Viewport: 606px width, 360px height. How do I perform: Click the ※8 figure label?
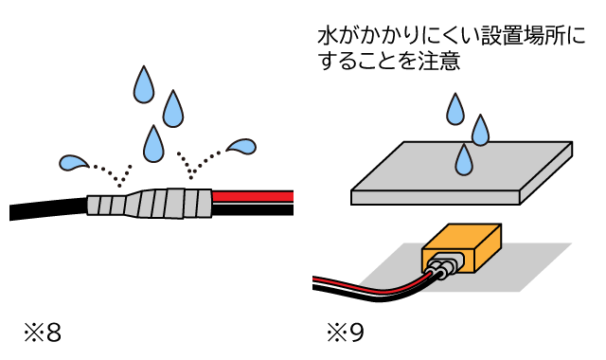click(43, 333)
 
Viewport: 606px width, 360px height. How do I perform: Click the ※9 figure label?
click(345, 333)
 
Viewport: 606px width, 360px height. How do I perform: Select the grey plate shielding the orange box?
click(462, 172)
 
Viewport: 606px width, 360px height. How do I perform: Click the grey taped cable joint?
click(150, 203)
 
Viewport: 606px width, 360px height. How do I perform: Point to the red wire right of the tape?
click(253, 196)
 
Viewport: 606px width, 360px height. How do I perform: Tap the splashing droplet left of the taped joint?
click(74, 163)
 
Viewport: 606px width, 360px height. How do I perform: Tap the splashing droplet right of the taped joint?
click(241, 147)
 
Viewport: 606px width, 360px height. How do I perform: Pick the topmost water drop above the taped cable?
click(144, 84)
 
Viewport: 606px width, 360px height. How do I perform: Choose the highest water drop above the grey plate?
click(455, 110)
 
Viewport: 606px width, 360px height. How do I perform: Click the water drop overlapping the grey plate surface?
click(464, 160)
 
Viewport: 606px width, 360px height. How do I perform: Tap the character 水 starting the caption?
click(329, 37)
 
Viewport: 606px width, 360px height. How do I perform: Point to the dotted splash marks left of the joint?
click(114, 174)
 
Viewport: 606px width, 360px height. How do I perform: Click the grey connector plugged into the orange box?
click(443, 265)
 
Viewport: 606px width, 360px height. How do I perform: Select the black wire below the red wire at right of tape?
click(253, 209)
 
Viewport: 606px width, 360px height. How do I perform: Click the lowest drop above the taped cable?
click(153, 143)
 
